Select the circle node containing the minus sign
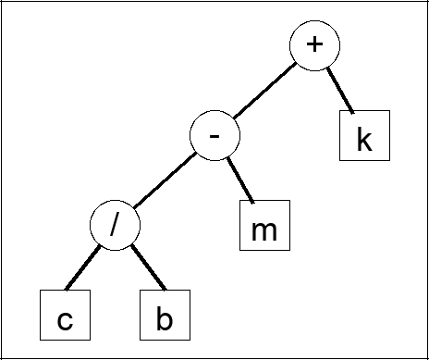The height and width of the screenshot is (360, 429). click(x=214, y=137)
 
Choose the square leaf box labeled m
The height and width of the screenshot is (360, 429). click(x=264, y=226)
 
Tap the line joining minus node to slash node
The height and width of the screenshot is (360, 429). click(x=165, y=181)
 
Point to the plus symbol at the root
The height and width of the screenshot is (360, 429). click(x=314, y=46)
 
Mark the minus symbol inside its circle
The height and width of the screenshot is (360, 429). click(x=214, y=137)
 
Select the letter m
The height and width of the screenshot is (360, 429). click(x=264, y=230)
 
